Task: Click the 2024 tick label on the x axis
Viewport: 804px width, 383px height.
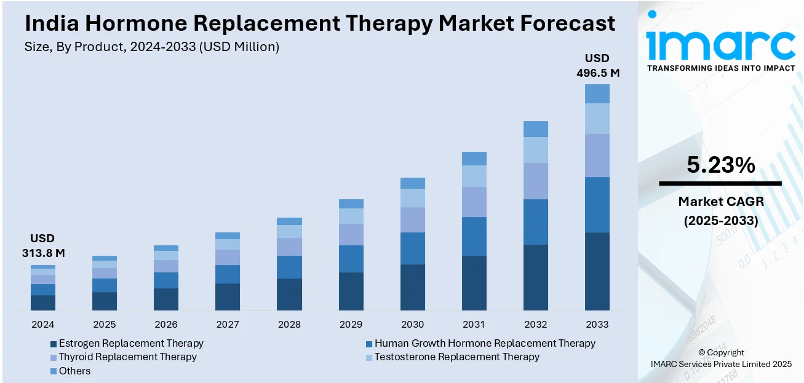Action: click(43, 324)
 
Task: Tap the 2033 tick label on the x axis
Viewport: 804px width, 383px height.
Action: click(597, 324)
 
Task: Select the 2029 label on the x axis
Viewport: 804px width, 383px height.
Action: click(351, 324)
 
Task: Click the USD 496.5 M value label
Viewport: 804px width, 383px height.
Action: click(597, 66)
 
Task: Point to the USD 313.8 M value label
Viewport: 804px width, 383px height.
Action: click(42, 245)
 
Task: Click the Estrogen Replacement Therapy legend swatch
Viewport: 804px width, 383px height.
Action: click(54, 344)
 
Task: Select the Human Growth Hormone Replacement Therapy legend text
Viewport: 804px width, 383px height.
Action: click(485, 344)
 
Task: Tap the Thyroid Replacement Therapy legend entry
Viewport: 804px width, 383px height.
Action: click(127, 357)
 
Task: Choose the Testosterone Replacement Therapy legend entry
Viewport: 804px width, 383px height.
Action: click(456, 357)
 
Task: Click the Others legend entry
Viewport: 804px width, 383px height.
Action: click(74, 371)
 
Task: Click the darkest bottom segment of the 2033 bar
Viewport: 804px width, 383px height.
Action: click(597, 270)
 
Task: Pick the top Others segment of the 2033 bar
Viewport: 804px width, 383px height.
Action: click(597, 93)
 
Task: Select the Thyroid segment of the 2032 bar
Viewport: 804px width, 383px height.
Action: click(536, 181)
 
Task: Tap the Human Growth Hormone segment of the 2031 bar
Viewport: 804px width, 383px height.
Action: click(474, 236)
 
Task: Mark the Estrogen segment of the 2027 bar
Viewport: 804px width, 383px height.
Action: click(228, 296)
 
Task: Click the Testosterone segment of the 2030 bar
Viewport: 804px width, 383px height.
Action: click(413, 198)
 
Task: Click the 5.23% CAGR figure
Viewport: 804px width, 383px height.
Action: click(720, 165)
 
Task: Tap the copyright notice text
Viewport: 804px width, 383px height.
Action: click(721, 358)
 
